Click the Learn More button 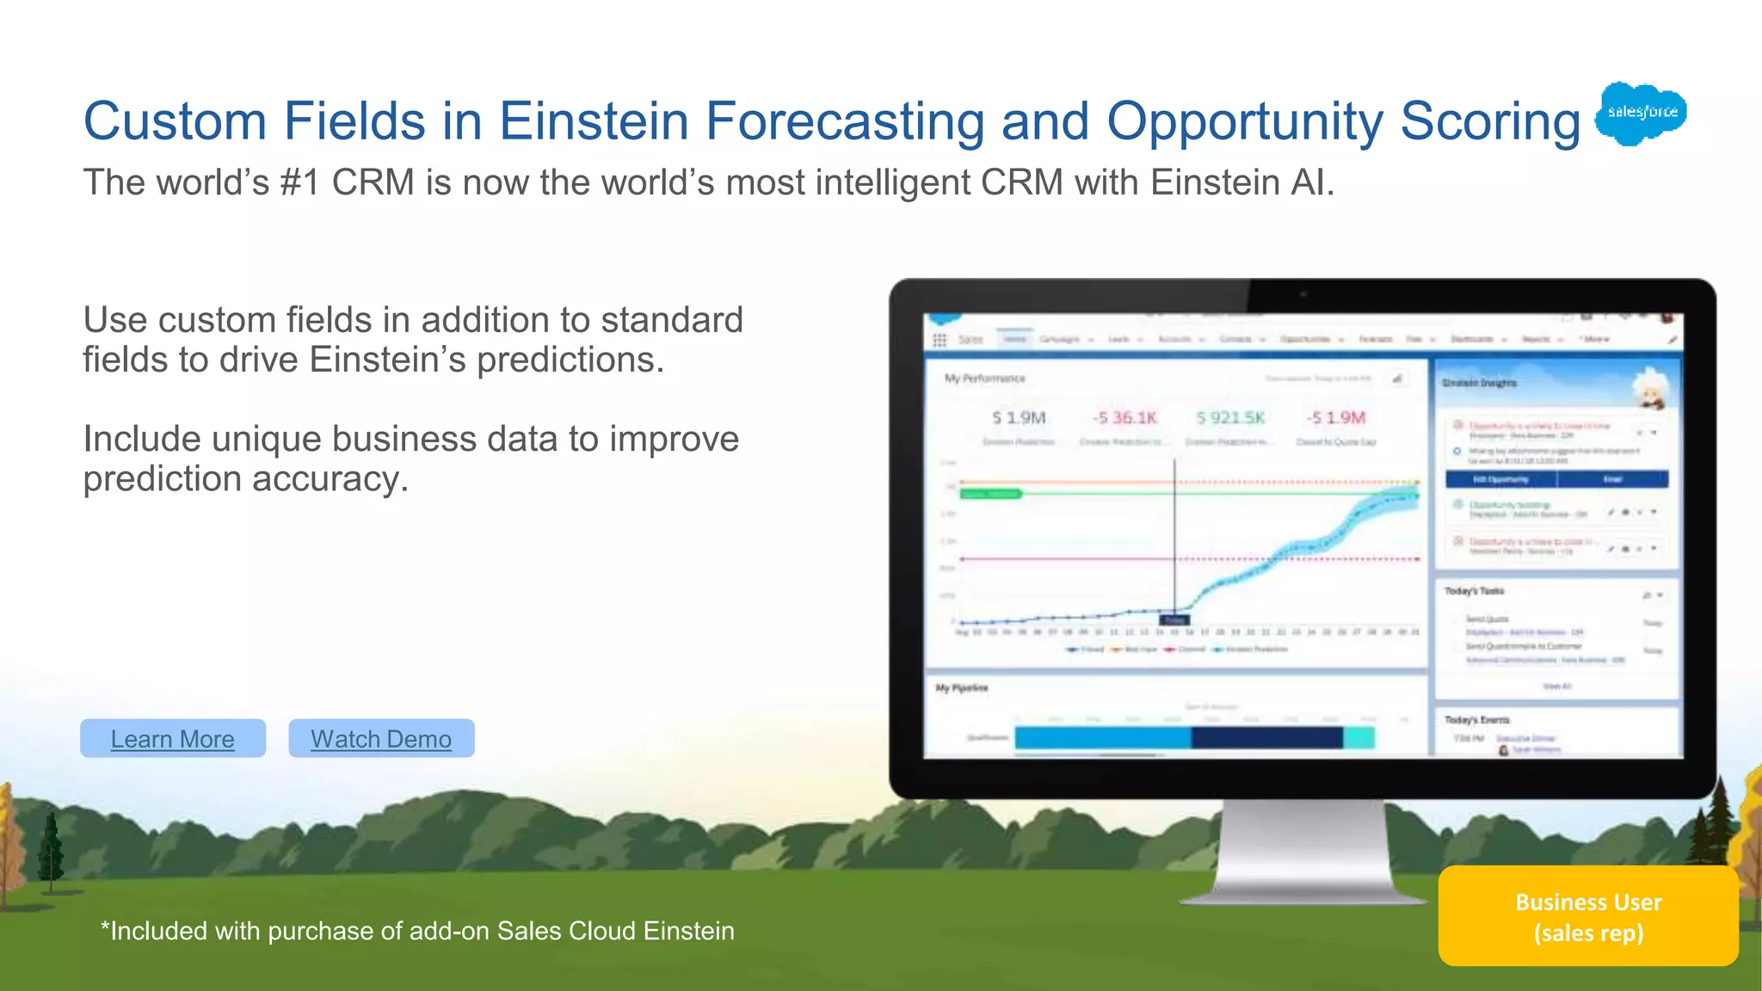click(x=172, y=738)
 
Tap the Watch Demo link click(x=381, y=738)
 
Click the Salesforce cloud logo click(x=1641, y=113)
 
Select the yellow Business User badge click(x=1587, y=916)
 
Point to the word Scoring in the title click(x=1490, y=121)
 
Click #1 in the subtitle click(x=300, y=182)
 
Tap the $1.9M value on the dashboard click(x=1019, y=418)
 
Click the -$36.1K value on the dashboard click(x=1124, y=418)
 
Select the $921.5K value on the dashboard click(x=1230, y=418)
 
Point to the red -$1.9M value click(x=1336, y=418)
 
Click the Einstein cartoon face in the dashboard click(x=1650, y=388)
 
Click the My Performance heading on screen click(x=984, y=379)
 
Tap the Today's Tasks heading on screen click(x=1474, y=591)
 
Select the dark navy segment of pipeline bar click(x=1266, y=737)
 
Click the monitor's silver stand click(x=1303, y=852)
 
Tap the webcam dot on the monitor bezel click(x=1303, y=294)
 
